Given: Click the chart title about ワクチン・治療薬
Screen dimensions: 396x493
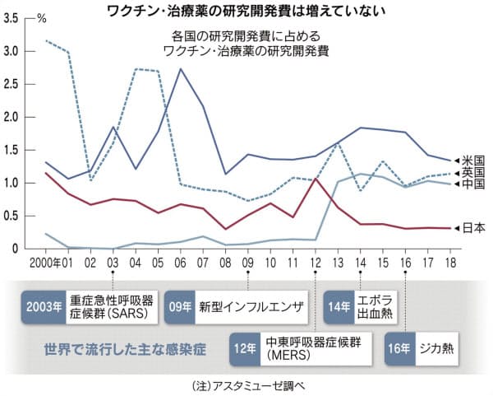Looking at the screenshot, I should click(x=246, y=10).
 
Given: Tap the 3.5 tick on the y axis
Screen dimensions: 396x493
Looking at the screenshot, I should click(x=12, y=18).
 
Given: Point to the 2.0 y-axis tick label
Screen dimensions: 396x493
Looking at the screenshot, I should click(x=12, y=117).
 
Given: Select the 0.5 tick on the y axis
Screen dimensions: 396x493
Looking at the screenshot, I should click(x=12, y=216).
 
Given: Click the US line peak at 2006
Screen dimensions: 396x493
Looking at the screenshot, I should click(x=180, y=69).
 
